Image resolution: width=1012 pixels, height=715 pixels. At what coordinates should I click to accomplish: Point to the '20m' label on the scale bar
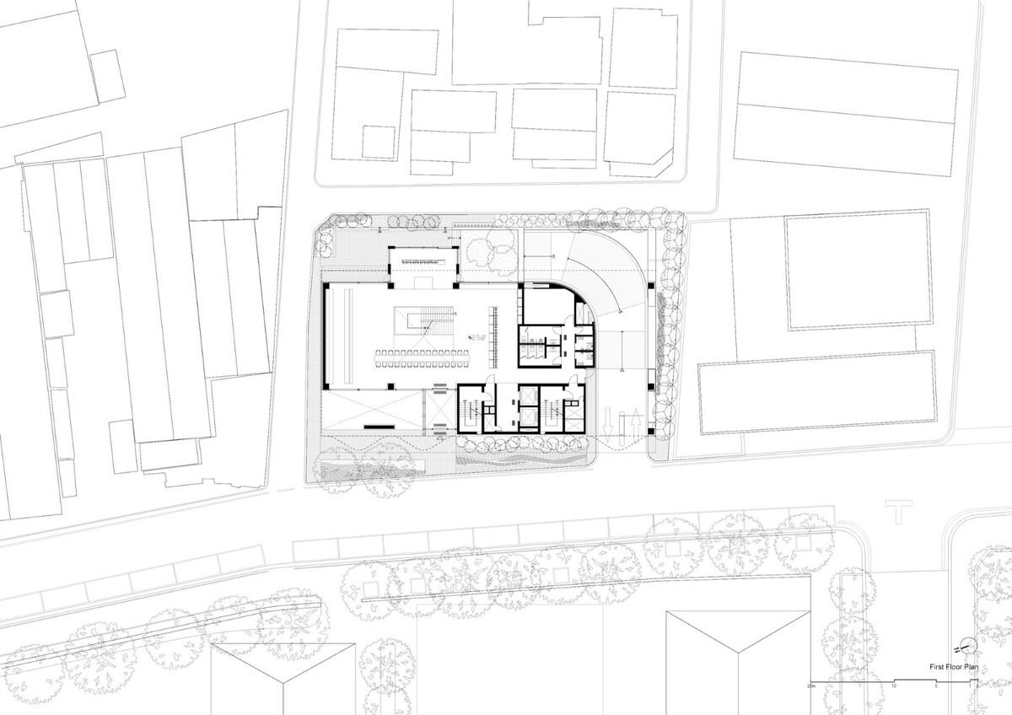click(x=811, y=686)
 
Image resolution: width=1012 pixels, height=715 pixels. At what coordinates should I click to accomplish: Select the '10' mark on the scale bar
click(x=893, y=686)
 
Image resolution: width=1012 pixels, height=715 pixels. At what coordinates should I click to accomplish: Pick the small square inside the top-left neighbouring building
click(x=379, y=141)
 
